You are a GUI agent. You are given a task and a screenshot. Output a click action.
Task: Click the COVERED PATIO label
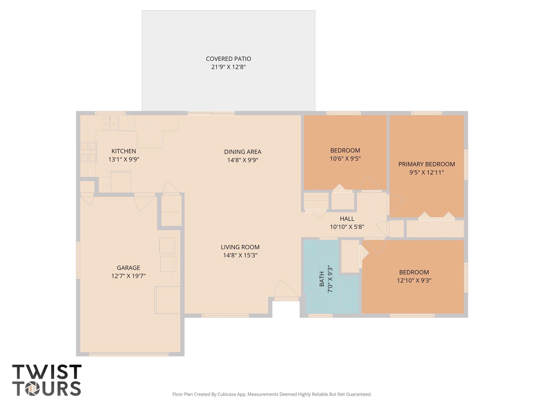[228, 59]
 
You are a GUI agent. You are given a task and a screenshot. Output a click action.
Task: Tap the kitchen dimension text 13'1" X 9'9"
[124, 159]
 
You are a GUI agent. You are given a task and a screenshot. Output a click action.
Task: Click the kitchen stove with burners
[88, 152]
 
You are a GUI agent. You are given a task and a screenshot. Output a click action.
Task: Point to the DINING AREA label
[243, 152]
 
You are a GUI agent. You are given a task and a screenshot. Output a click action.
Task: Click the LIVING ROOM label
[240, 247]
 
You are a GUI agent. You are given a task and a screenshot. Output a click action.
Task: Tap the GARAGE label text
[128, 267]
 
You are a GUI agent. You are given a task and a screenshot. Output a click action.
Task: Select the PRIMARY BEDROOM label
[426, 164]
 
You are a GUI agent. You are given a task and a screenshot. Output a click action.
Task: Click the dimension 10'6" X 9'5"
[345, 159]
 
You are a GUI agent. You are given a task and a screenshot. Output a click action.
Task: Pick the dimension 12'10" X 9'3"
[414, 280]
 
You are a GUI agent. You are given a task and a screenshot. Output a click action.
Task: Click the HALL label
[347, 219]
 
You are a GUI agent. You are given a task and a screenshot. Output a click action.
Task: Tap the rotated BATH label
[322, 279]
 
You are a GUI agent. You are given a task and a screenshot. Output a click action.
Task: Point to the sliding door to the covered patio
[211, 113]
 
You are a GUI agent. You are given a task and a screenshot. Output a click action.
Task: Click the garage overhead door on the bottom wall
[129, 354]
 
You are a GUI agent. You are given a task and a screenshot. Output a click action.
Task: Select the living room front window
[225, 316]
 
